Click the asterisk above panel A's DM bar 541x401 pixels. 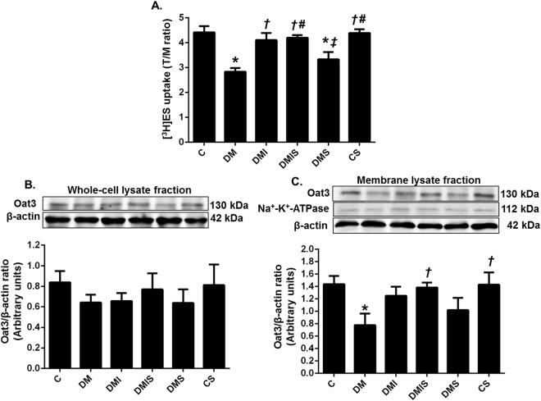tap(234, 61)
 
